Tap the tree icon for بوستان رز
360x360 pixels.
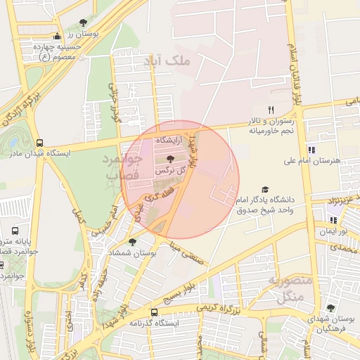tap(84, 23)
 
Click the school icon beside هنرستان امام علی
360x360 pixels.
tap(311, 149)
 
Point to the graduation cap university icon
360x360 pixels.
tap(265, 189)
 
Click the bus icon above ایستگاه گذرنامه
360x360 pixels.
tap(154, 311)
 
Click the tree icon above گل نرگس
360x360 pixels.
tap(171, 160)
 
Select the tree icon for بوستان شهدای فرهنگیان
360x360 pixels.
tap(330, 308)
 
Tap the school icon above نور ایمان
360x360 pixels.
tap(333, 220)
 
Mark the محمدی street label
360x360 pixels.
tap(345, 247)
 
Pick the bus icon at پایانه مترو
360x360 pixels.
tap(15, 231)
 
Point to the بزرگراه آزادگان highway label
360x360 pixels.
tap(18, 103)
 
